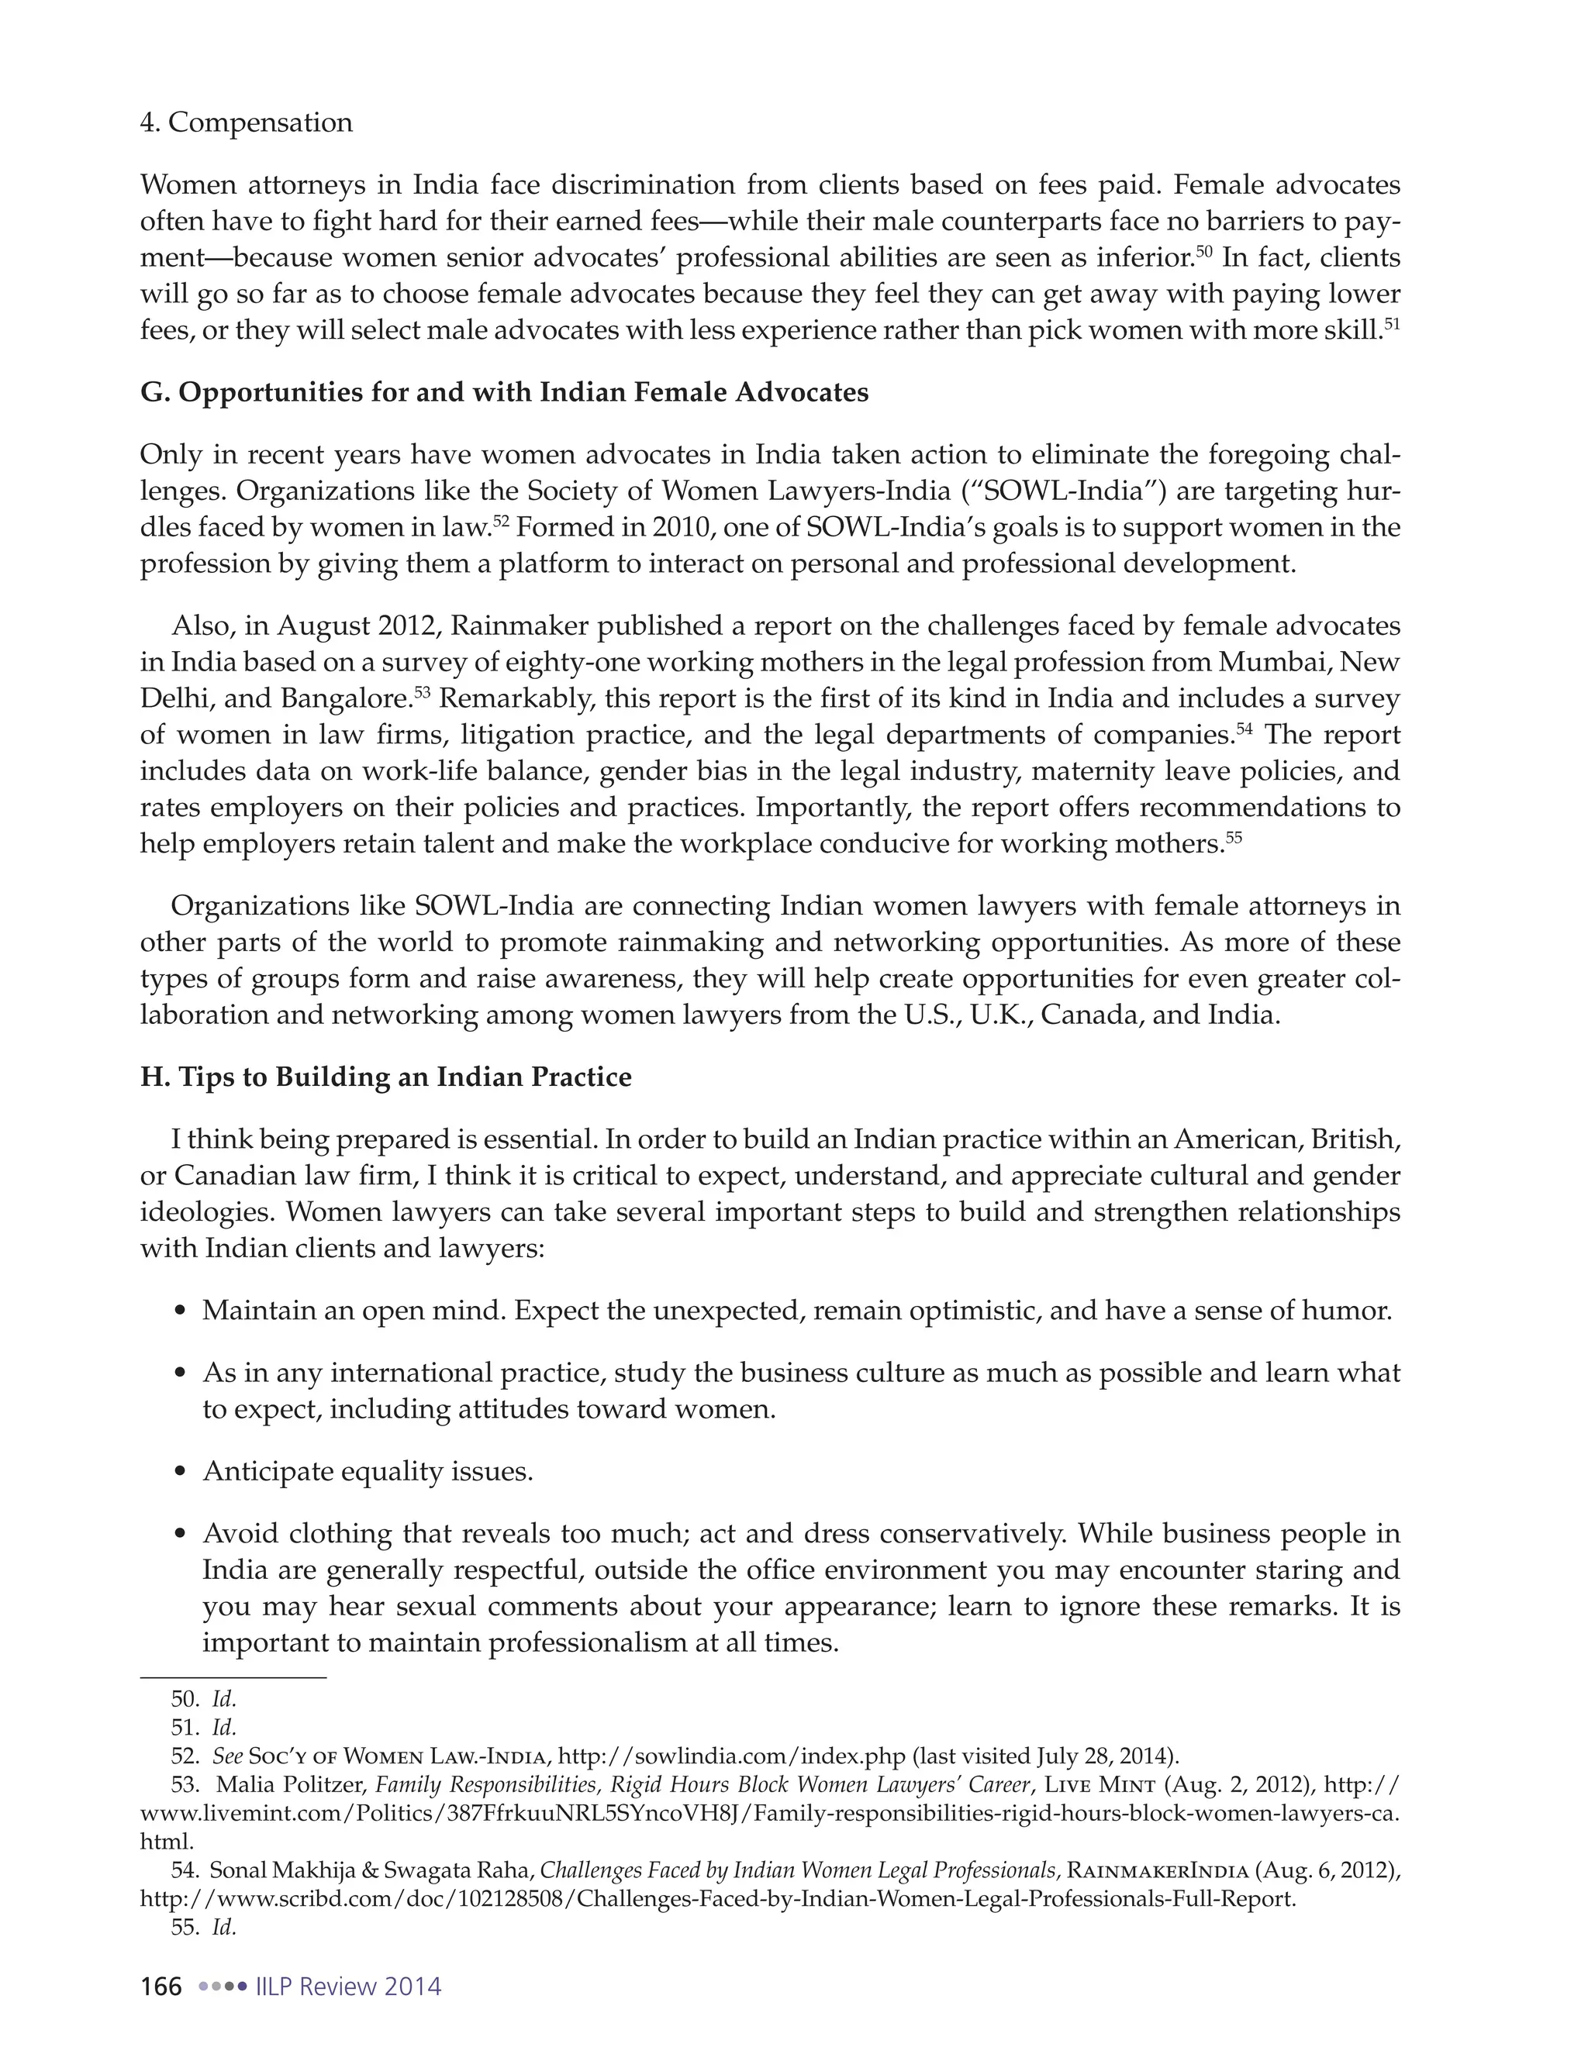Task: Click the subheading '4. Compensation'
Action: click(246, 123)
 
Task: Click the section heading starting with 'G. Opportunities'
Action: click(503, 392)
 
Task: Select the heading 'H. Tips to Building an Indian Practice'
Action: click(385, 1077)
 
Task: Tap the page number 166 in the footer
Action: click(161, 1987)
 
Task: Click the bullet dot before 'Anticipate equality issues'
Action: click(182, 1473)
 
